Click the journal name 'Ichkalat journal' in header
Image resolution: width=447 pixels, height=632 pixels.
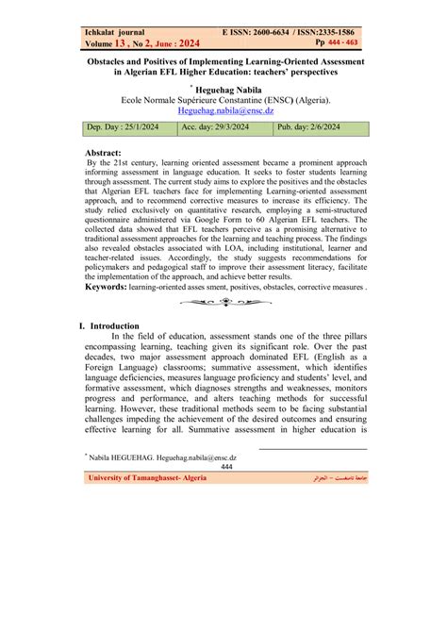tap(117, 31)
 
